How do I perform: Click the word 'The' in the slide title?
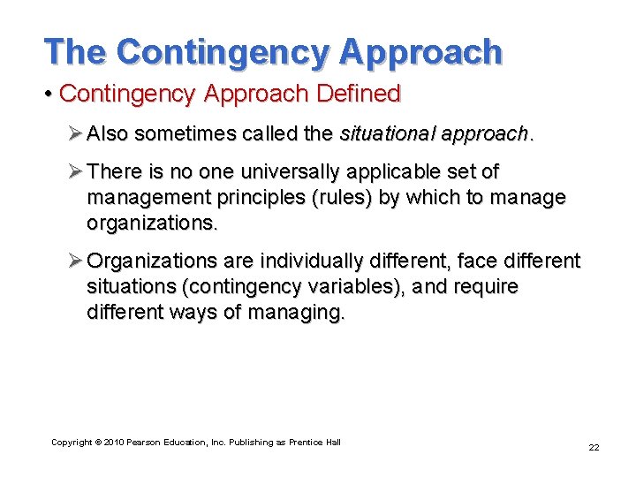[76, 52]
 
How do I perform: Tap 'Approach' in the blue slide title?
[420, 52]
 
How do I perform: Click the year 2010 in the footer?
[112, 442]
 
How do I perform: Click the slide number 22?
[594, 447]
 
